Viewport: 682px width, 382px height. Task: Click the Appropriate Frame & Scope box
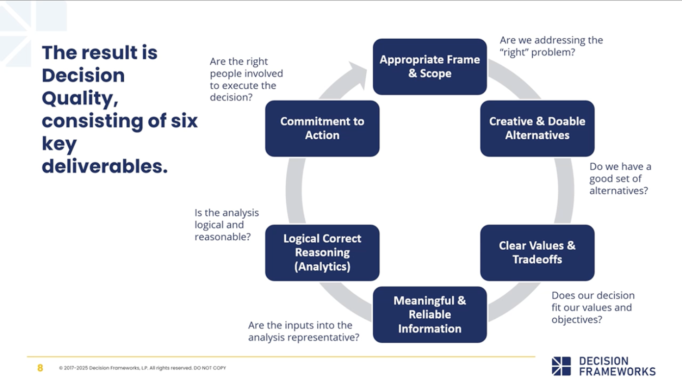coord(430,67)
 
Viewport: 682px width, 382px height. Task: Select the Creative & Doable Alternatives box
coord(537,128)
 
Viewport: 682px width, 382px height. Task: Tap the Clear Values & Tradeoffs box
coord(537,253)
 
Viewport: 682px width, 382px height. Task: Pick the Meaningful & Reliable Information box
coord(430,314)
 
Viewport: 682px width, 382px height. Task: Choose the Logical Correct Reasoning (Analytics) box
coord(322,253)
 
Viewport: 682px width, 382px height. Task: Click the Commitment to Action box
coord(322,128)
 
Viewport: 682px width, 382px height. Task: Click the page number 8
coord(40,368)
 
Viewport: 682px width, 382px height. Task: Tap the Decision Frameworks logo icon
coord(561,366)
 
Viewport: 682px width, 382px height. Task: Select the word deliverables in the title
coord(105,167)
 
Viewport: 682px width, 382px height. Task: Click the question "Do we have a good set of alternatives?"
coord(618,179)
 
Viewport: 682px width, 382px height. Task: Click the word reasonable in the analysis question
coord(222,237)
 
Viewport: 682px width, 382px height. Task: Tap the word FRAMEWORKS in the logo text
coord(617,371)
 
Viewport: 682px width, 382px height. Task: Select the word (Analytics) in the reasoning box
coord(322,267)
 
